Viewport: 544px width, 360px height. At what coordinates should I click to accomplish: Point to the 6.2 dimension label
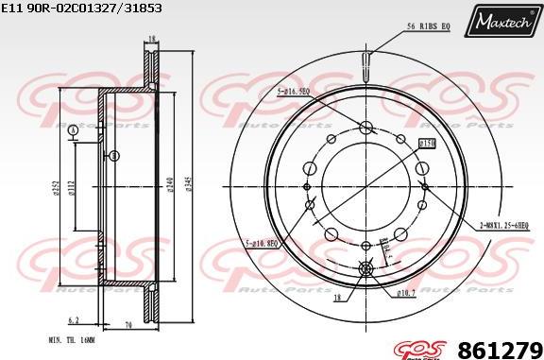[x=75, y=320]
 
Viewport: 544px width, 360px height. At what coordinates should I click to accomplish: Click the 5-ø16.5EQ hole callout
[x=293, y=93]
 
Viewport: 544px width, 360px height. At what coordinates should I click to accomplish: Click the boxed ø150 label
[x=426, y=143]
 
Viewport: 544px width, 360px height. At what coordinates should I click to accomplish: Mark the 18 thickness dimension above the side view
[x=149, y=39]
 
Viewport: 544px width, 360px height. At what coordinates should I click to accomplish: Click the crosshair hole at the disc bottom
[x=366, y=268]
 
